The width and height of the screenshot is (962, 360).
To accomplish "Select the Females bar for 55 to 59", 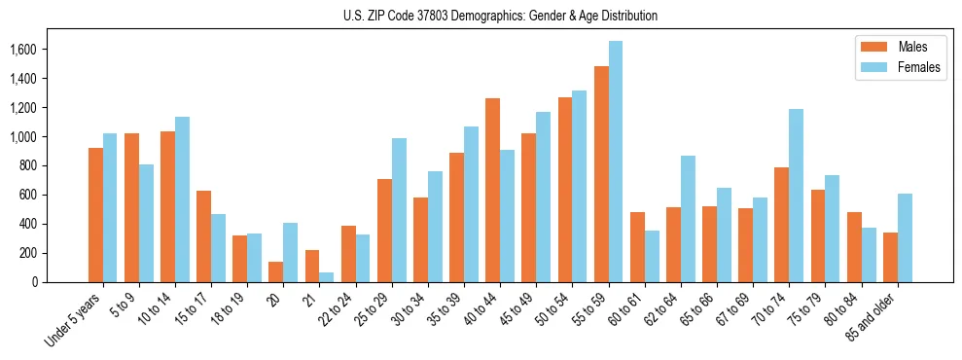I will pyautogui.click(x=616, y=162).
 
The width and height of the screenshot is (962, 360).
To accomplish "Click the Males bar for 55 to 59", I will pyautogui.click(x=601, y=174).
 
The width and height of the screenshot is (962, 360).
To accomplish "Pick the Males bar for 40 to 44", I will pyautogui.click(x=493, y=191).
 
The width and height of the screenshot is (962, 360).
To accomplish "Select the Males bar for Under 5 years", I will pyautogui.click(x=96, y=215).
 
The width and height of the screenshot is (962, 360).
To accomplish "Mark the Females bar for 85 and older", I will pyautogui.click(x=905, y=238).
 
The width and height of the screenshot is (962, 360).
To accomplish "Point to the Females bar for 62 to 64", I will pyautogui.click(x=688, y=219).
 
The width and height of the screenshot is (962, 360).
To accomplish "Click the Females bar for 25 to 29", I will pyautogui.click(x=399, y=210).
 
